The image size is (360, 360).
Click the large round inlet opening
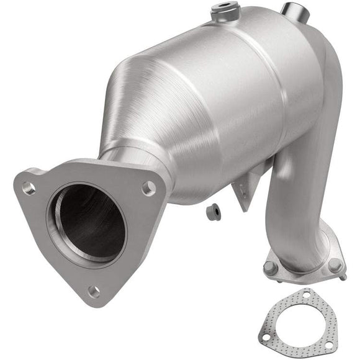pyautogui.click(x=87, y=222)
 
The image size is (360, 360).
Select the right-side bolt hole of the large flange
pyautogui.click(x=148, y=188)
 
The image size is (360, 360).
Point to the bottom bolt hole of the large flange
pyautogui.click(x=94, y=290)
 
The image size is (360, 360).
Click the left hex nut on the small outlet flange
pyautogui.click(x=271, y=268)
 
